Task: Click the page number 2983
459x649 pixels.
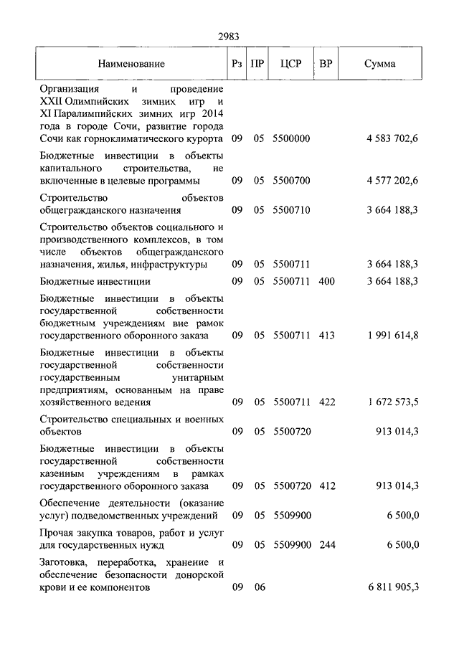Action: pyautogui.click(x=229, y=37)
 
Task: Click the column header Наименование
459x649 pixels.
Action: pyautogui.click(x=132, y=64)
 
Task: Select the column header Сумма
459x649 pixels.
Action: pyautogui.click(x=379, y=64)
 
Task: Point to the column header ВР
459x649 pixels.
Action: pyautogui.click(x=326, y=64)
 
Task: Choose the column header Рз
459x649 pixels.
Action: pyautogui.click(x=237, y=64)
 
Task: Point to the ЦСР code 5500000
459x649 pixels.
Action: pyautogui.click(x=291, y=138)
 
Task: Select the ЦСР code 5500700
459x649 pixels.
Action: pyautogui.click(x=291, y=181)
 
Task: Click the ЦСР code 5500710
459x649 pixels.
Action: pyautogui.click(x=291, y=211)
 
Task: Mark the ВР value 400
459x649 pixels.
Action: pyautogui.click(x=327, y=282)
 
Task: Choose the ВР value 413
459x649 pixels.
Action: pyautogui.click(x=327, y=335)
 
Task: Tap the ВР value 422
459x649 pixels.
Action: pyautogui.click(x=327, y=402)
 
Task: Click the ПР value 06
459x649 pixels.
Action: pyautogui.click(x=259, y=587)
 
